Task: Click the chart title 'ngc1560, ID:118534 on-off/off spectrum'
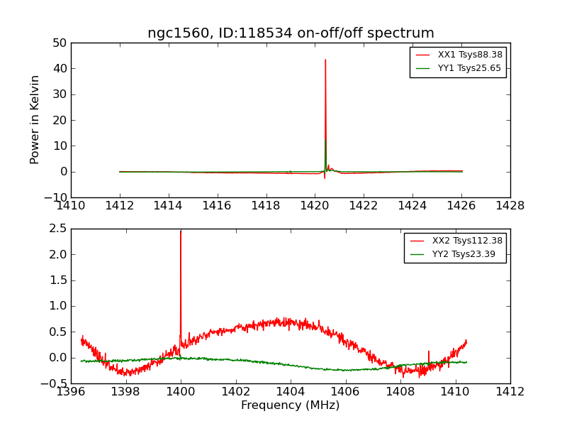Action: pos(291,33)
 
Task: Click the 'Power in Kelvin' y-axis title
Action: pos(35,120)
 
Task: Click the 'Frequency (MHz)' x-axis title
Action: pos(290,405)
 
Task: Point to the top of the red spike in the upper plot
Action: pos(325,60)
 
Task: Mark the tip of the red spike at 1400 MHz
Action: pos(181,231)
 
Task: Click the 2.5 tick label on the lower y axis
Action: pos(57,229)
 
